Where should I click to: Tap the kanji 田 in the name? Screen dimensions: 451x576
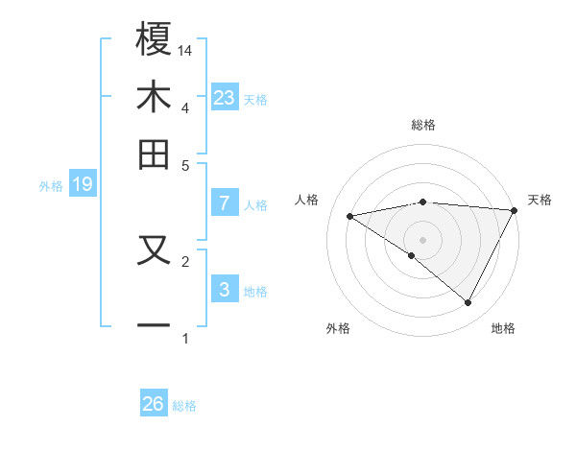pyautogui.click(x=154, y=154)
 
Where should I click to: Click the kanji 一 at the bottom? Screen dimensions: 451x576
pyautogui.click(x=154, y=325)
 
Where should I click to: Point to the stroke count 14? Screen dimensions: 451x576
pyautogui.click(x=186, y=49)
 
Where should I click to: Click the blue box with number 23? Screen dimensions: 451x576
pyautogui.click(x=225, y=98)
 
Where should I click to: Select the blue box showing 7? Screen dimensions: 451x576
pyautogui.click(x=225, y=203)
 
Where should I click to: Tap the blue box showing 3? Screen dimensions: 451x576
pyautogui.click(x=225, y=290)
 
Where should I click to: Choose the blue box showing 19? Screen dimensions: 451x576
pyautogui.click(x=83, y=185)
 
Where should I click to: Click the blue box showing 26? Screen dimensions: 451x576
pyautogui.click(x=154, y=404)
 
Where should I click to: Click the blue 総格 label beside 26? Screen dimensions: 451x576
pyautogui.click(x=185, y=406)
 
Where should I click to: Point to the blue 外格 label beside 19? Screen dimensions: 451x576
pyautogui.click(x=50, y=186)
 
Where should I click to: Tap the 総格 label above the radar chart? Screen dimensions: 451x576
pyautogui.click(x=423, y=125)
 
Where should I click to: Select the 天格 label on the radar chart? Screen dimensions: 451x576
pyautogui.click(x=540, y=200)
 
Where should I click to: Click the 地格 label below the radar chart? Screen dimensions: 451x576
pyautogui.click(x=503, y=328)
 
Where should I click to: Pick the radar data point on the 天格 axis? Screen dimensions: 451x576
pyautogui.click(x=515, y=210)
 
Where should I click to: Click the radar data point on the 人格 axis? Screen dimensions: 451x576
pyautogui.click(x=350, y=216)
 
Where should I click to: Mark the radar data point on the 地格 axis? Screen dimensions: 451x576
pyautogui.click(x=468, y=303)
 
